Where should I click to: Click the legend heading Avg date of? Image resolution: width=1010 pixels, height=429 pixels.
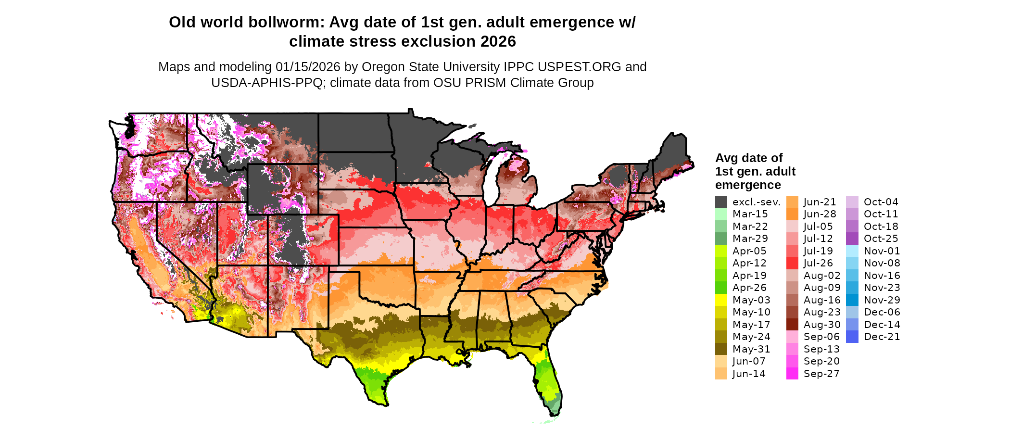(749, 158)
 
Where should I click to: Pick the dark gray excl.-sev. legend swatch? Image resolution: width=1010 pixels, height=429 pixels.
(721, 202)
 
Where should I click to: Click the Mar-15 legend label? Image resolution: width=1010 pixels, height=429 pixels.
(750, 214)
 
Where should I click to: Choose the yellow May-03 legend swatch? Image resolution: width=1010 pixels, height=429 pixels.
(721, 300)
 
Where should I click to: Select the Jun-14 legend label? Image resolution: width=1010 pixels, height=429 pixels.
(749, 374)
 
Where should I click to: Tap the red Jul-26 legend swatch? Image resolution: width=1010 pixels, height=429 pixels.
(792, 263)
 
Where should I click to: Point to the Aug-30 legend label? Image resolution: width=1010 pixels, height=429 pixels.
(822, 325)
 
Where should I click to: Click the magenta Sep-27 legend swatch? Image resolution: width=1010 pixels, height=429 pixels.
(792, 374)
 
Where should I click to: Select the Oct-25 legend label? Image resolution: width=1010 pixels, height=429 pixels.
(881, 239)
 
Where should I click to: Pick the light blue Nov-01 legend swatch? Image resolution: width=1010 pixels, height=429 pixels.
(852, 251)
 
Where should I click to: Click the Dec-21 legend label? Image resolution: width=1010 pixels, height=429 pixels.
(882, 337)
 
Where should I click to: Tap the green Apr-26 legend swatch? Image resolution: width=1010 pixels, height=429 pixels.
(721, 288)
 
